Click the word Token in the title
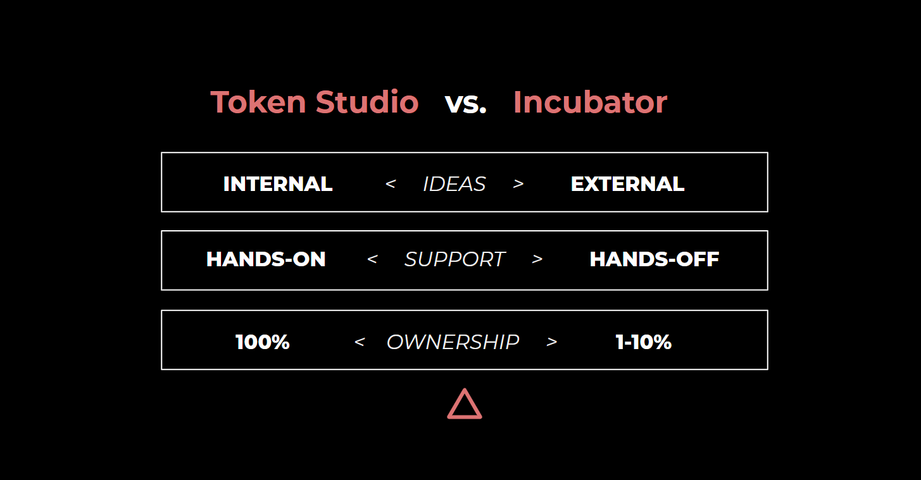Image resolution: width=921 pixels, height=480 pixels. point(258,102)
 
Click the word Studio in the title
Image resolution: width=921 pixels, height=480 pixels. point(367,102)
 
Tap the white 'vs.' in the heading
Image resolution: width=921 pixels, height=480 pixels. point(465,104)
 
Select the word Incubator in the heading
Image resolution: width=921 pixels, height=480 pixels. point(591,102)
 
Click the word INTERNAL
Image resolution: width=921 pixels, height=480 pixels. point(278,184)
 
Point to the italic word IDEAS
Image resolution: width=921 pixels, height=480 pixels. point(454,184)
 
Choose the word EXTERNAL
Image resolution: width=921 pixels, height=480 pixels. point(627,184)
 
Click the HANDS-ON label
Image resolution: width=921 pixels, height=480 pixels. point(266,259)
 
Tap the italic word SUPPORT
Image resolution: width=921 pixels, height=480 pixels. point(454,259)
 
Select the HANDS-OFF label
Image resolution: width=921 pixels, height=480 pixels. point(655,259)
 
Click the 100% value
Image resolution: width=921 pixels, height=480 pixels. point(262,342)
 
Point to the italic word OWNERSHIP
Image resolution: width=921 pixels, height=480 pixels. point(453,342)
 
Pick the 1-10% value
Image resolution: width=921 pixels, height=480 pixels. point(644,342)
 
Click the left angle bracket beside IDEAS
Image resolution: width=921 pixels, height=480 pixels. point(391,183)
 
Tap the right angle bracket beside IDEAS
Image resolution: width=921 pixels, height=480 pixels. point(518,183)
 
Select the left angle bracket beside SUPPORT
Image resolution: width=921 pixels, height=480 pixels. point(372,259)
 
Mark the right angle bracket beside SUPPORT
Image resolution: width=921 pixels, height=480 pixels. point(537,259)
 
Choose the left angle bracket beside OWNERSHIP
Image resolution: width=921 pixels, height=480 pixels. point(360,342)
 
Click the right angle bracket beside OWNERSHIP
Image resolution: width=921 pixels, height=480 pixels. point(552,342)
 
